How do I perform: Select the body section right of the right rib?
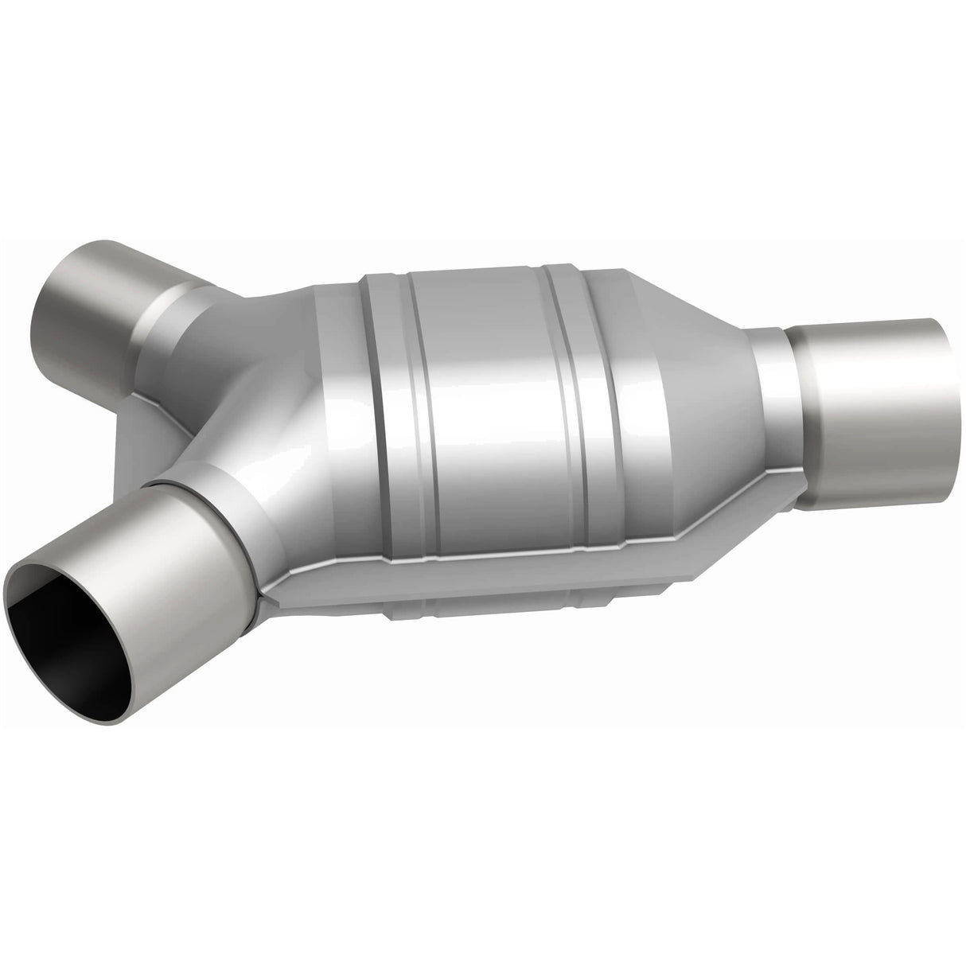click(x=629, y=398)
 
